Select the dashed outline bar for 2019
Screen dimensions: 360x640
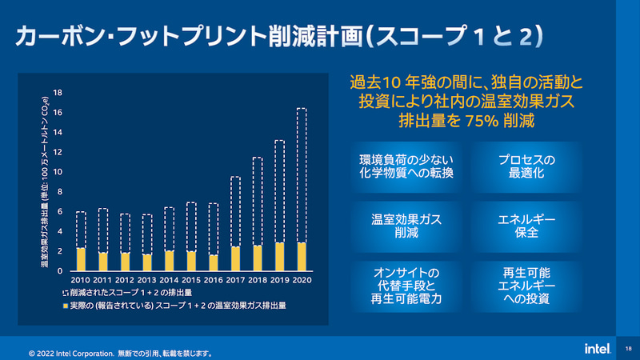point(279,192)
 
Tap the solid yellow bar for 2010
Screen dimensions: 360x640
point(81,259)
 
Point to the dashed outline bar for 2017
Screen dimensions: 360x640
point(235,212)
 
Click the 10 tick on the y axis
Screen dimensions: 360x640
point(58,172)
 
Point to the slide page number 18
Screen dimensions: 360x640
point(628,349)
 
